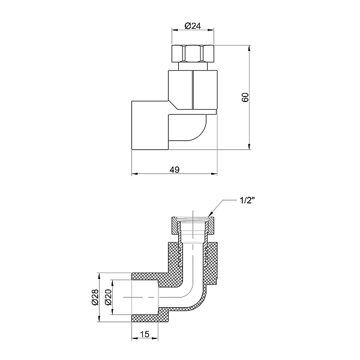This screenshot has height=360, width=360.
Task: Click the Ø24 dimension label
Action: point(193,26)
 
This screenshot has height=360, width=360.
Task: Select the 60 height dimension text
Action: point(245,97)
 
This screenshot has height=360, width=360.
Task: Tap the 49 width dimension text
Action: point(175,170)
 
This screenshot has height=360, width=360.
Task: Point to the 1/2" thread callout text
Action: point(247,200)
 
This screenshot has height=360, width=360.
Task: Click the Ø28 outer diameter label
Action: point(95,297)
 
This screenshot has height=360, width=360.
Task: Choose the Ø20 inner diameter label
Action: point(108,297)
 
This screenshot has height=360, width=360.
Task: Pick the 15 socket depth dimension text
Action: point(145,334)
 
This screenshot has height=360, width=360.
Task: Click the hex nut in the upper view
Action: point(193,53)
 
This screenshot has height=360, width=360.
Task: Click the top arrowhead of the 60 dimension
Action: point(250,48)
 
